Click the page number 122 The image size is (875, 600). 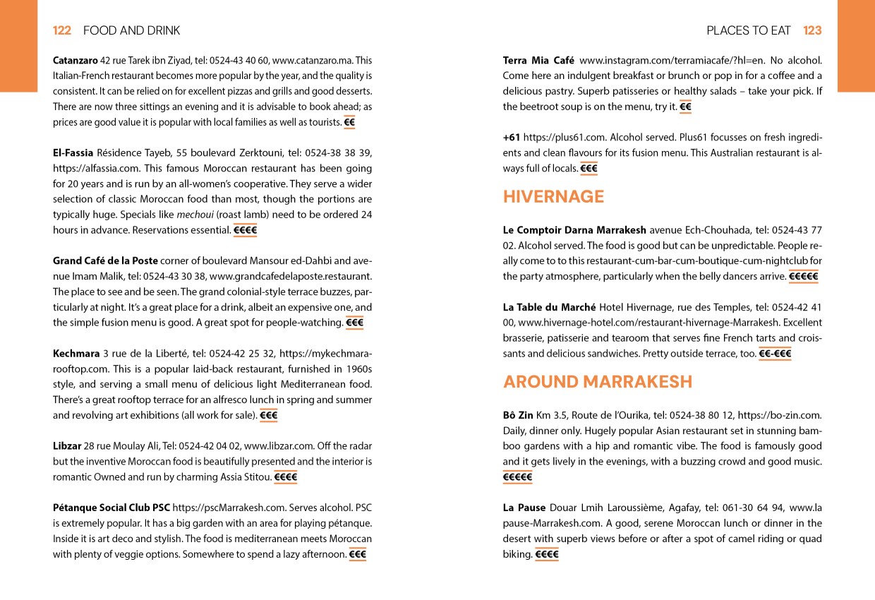[x=62, y=30]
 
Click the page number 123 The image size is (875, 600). [x=812, y=30]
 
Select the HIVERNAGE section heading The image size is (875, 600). [x=553, y=197]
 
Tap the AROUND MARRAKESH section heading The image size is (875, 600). [x=598, y=382]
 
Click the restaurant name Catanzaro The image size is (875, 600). [x=76, y=61]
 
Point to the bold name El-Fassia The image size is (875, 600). [x=73, y=153]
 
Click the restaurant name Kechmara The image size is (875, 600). [x=76, y=354]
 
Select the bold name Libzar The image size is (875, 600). [x=67, y=446]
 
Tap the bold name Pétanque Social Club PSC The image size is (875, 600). [x=111, y=508]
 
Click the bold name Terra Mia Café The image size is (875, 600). [x=538, y=61]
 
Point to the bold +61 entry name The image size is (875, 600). [x=511, y=138]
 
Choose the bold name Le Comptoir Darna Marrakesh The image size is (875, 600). [x=574, y=230]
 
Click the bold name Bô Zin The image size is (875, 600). [x=518, y=415]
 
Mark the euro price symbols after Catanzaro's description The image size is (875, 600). [x=349, y=123]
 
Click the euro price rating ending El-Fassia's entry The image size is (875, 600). [x=245, y=230]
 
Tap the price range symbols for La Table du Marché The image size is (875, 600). [x=775, y=354]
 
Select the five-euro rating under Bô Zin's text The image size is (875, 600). [x=517, y=477]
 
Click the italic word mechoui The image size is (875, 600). [x=195, y=215]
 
